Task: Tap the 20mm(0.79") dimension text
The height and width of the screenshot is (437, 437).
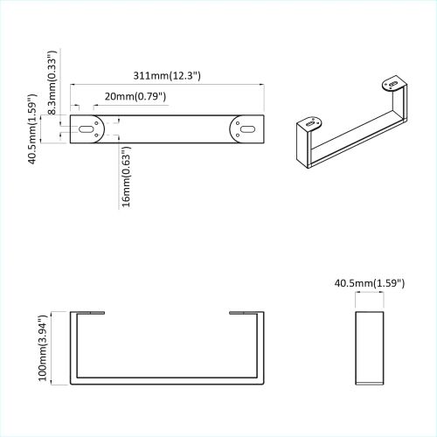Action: (134, 96)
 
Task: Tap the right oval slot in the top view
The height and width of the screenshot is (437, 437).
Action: (246, 128)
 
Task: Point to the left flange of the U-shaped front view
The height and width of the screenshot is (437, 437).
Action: (87, 312)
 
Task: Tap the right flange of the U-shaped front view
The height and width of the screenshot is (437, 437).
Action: (246, 312)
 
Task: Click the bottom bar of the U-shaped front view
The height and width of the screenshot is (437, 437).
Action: (166, 381)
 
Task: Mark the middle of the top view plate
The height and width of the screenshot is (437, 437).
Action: (167, 128)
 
